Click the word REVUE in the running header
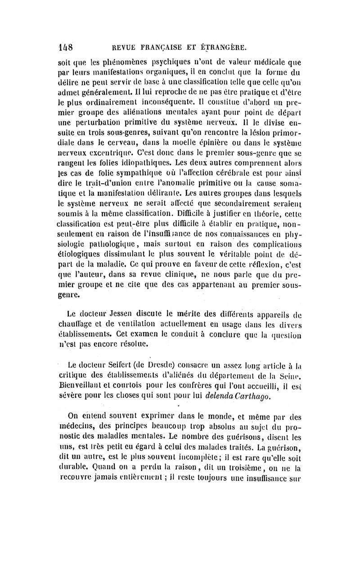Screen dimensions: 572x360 click(125, 48)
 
